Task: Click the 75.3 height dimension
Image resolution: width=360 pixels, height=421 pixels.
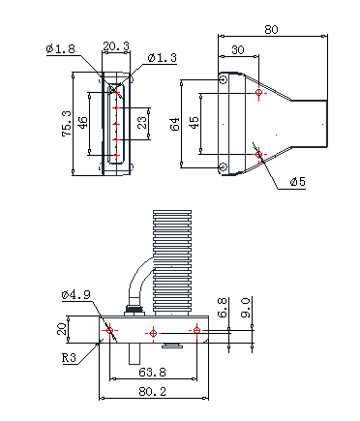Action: [67, 124]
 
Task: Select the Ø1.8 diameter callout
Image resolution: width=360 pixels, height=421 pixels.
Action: [61, 49]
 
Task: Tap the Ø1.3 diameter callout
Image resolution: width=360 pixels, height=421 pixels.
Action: [163, 58]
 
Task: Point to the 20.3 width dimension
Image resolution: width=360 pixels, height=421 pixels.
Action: [116, 46]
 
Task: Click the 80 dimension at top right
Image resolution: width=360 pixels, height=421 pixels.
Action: [271, 30]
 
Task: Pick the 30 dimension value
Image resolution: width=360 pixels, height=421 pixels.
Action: [238, 50]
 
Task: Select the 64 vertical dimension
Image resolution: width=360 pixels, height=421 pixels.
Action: [175, 124]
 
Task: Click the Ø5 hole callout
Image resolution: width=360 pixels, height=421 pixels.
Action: [297, 182]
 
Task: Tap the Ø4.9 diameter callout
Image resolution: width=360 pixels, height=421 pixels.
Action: [76, 295]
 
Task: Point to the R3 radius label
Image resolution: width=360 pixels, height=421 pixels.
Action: [70, 358]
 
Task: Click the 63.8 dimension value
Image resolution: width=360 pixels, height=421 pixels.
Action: [153, 373]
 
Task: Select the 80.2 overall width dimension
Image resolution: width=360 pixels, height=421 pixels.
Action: [153, 392]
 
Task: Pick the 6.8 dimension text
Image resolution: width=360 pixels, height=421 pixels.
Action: [223, 308]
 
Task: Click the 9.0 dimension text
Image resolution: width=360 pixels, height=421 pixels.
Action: [246, 308]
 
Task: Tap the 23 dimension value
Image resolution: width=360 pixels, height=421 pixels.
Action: [142, 122]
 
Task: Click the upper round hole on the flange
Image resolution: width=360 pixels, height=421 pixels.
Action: [223, 78]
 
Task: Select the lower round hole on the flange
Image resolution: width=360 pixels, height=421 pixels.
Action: [223, 166]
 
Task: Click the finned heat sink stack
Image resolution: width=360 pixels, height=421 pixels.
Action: [172, 263]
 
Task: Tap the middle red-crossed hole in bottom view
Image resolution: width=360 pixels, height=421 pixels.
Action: [153, 333]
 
